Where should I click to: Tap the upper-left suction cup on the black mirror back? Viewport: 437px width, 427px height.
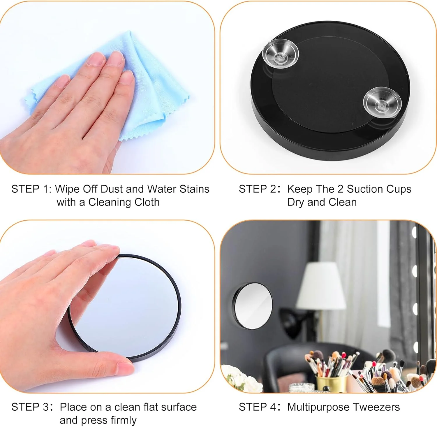(280, 53)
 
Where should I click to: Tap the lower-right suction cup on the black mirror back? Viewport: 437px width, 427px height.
(382, 102)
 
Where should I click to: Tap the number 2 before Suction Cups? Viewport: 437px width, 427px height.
(340, 189)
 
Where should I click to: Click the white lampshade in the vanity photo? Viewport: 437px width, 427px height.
(321, 285)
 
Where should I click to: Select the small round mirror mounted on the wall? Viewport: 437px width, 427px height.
(253, 306)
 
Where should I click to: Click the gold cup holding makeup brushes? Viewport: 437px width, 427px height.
(331, 383)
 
